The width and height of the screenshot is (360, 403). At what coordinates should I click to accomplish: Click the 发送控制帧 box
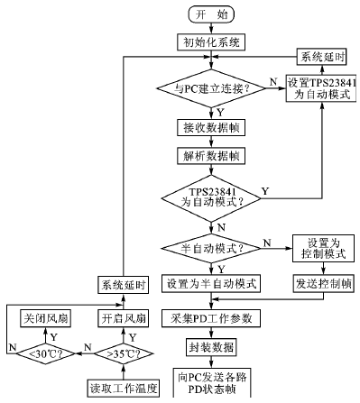319,283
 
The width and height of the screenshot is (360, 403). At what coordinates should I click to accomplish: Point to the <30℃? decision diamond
46,353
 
